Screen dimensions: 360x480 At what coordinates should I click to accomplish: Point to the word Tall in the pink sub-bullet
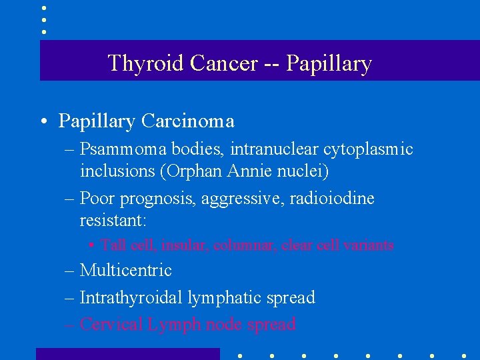click(113, 245)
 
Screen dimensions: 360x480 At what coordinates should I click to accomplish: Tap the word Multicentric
click(125, 271)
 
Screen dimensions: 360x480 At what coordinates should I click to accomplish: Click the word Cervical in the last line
click(109, 325)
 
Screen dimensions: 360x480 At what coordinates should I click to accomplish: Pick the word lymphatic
click(217, 298)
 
